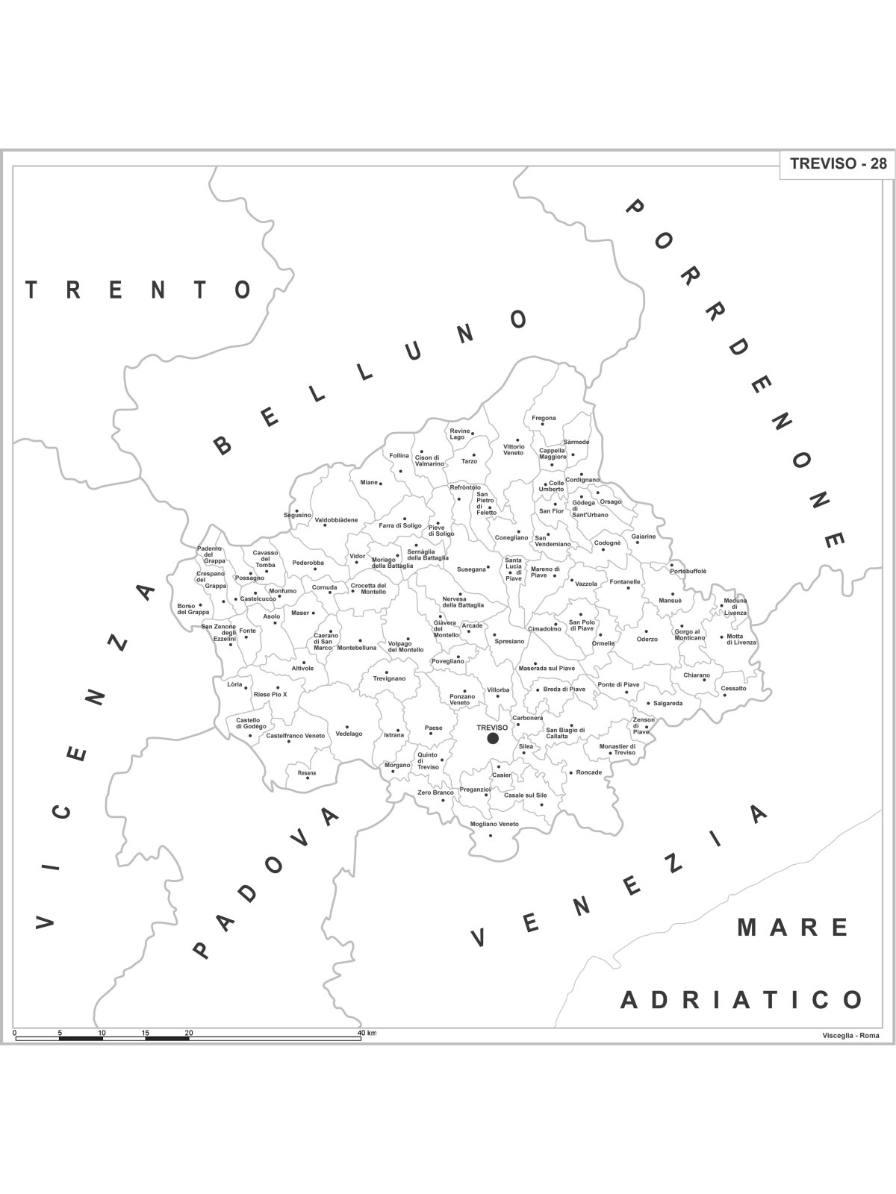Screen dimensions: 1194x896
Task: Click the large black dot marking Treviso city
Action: [x=493, y=738]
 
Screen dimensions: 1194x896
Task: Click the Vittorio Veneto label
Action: [x=514, y=450]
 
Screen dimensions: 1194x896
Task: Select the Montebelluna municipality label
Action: [x=357, y=648]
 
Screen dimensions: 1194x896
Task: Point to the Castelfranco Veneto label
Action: [x=296, y=736]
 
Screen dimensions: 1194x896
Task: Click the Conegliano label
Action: [x=511, y=537]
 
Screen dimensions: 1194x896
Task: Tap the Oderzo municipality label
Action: [x=647, y=639]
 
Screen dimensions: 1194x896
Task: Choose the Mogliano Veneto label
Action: [x=494, y=824]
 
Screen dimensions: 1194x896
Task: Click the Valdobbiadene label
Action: [x=336, y=520]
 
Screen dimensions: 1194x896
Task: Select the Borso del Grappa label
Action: [x=193, y=609]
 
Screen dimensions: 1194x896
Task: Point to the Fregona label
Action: [x=544, y=418]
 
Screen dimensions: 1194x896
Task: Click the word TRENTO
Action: [x=138, y=290]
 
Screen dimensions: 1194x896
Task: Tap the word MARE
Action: [x=793, y=928]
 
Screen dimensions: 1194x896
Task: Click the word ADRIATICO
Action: [x=742, y=1000]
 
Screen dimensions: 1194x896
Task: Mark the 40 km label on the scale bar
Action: [x=367, y=1033]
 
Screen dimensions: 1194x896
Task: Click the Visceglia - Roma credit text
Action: [x=850, y=1035]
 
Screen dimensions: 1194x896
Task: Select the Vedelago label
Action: [x=349, y=734]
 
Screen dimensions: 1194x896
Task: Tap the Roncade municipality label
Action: [x=589, y=772]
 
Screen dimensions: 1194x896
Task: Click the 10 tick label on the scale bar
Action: [x=102, y=1033]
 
